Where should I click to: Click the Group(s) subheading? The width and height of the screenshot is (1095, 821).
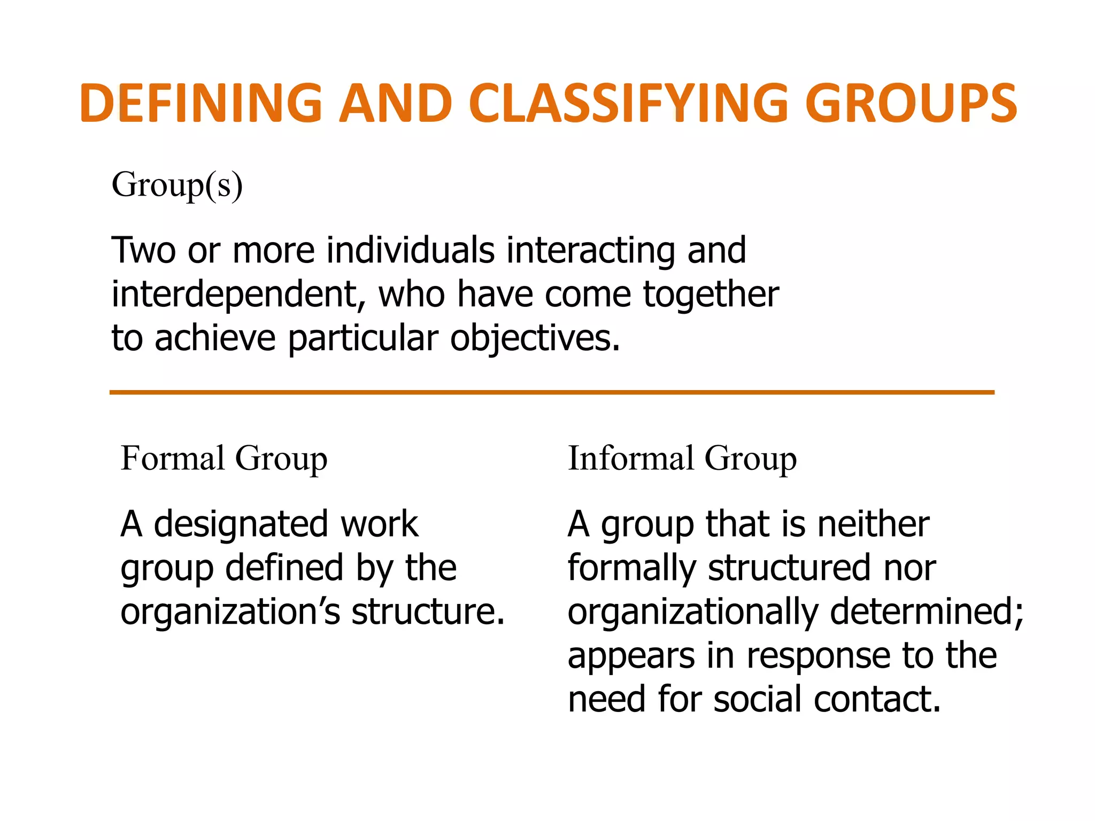click(x=177, y=185)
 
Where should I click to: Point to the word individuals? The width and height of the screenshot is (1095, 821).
click(x=411, y=250)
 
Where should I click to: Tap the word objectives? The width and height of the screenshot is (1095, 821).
click(x=535, y=339)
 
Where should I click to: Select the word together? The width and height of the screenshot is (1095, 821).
click(x=711, y=295)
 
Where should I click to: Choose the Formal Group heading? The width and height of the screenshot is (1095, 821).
click(x=224, y=459)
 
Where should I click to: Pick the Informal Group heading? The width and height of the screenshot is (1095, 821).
click(x=682, y=459)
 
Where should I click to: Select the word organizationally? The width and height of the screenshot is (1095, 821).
click(x=693, y=612)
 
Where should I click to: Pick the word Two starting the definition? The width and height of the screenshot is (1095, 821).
click(x=143, y=250)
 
